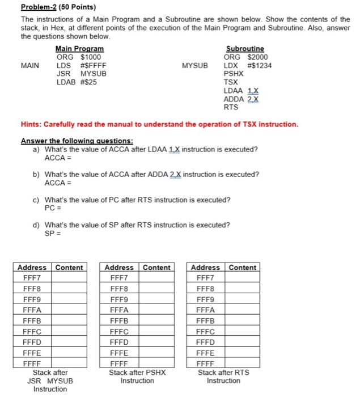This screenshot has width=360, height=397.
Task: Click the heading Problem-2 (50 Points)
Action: (x=58, y=7)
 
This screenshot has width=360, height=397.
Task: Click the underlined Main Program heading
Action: (x=79, y=49)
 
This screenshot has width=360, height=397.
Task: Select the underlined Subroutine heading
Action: (x=244, y=49)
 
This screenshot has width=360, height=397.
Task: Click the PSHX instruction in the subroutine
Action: (x=234, y=74)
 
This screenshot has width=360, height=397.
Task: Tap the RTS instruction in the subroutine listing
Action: (x=231, y=107)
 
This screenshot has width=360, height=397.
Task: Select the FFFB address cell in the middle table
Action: (x=120, y=320)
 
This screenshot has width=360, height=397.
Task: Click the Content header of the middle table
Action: (x=156, y=267)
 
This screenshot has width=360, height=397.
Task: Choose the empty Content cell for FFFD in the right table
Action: (x=243, y=342)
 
